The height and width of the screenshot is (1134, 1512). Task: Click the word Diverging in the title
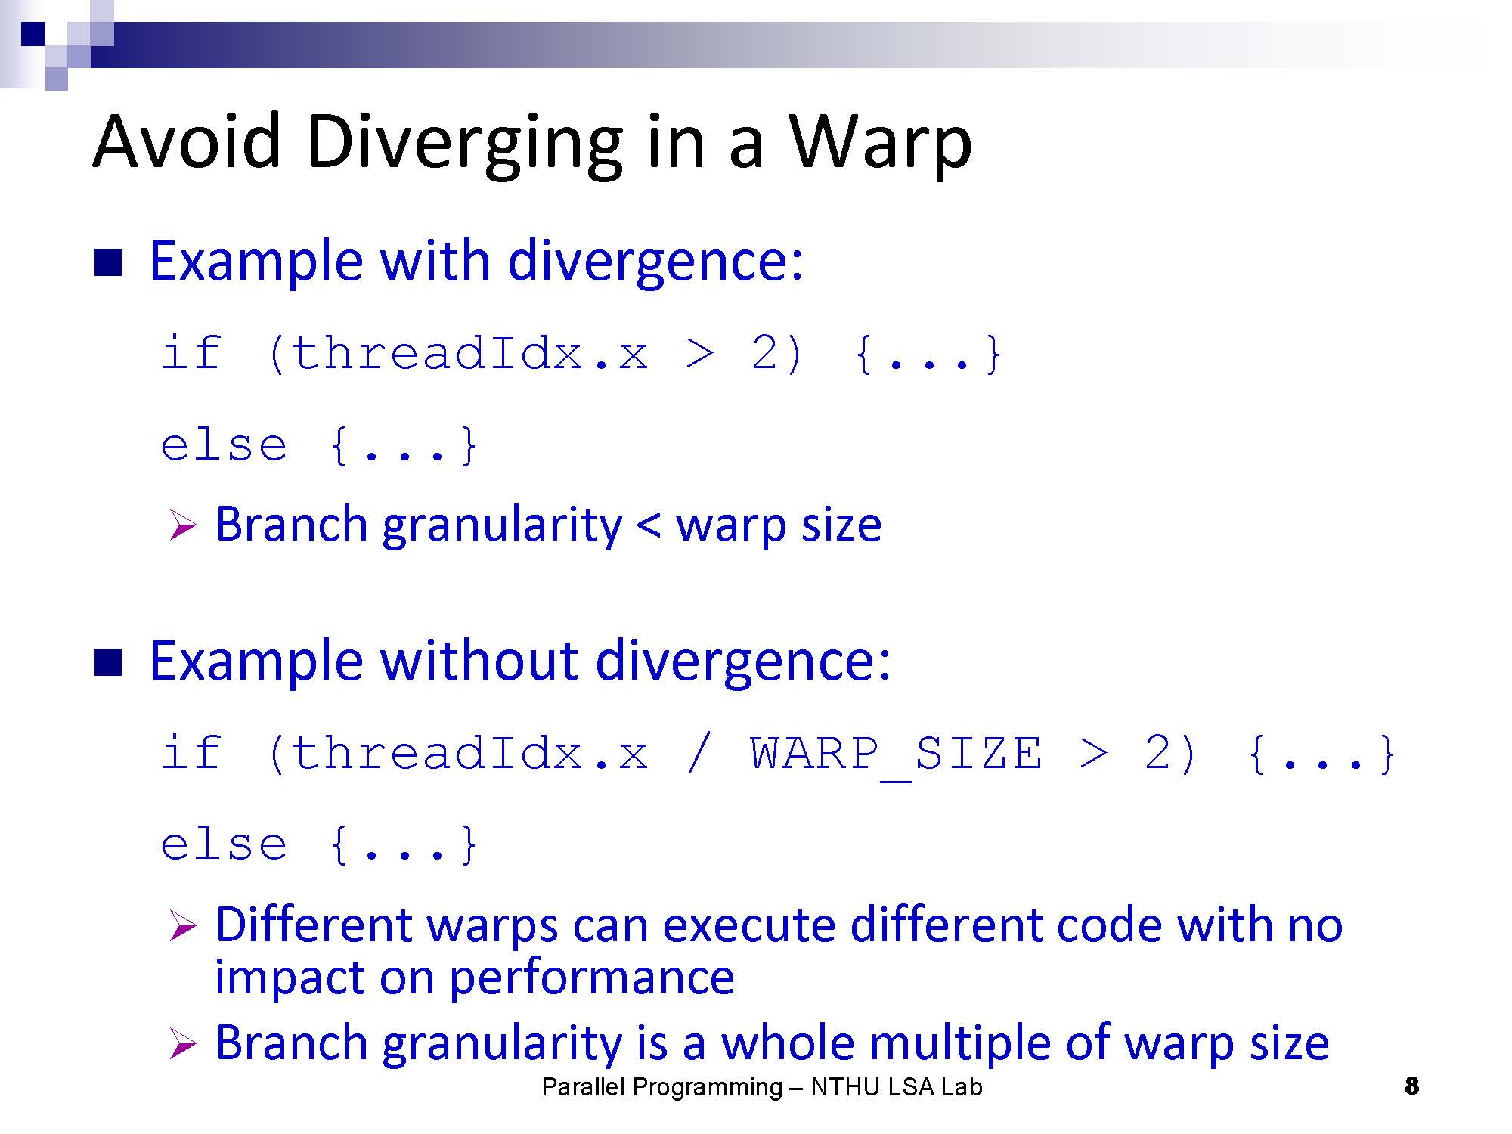tap(465, 144)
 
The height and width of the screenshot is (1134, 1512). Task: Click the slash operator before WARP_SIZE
tap(699, 754)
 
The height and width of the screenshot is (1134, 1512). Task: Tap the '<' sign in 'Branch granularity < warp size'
tap(649, 525)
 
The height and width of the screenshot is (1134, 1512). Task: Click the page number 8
tap(1411, 1086)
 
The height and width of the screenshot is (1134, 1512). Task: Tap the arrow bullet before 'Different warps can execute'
tap(183, 926)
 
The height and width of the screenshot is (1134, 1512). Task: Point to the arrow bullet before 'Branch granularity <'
tap(183, 525)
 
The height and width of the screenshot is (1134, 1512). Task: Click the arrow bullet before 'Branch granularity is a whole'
tap(183, 1044)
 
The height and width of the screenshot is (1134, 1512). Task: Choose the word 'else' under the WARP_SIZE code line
tap(224, 844)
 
